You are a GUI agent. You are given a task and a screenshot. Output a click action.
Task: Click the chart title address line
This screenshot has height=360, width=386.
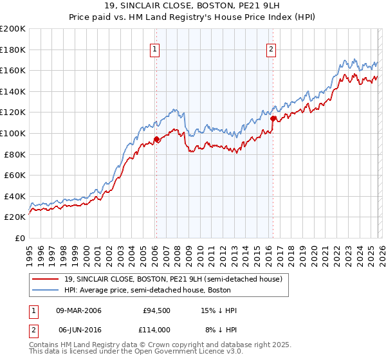[192, 7]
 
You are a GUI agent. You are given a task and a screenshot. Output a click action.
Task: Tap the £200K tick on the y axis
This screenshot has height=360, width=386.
[13, 29]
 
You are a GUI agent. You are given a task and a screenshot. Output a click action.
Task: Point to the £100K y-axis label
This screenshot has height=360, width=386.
[13, 133]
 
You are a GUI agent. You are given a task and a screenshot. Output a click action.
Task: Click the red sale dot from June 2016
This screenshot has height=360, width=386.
[273, 119]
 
